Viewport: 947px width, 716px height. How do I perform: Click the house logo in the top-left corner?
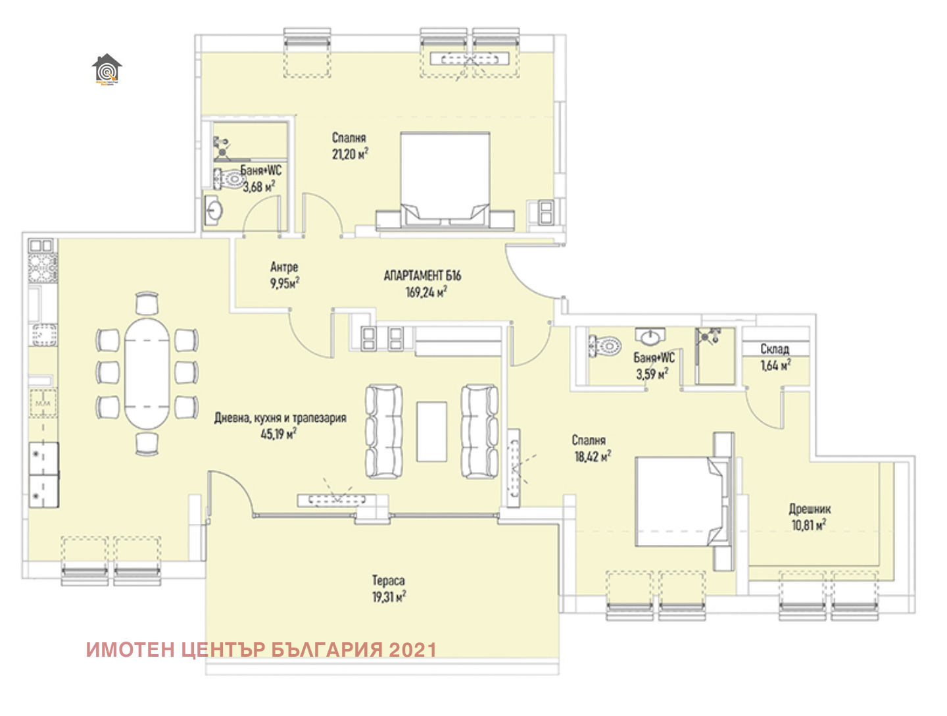[107, 70]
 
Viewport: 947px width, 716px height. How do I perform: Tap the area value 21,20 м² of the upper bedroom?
[350, 154]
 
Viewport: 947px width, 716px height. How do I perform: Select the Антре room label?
[284, 267]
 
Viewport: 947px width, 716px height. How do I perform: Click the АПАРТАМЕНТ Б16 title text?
[422, 276]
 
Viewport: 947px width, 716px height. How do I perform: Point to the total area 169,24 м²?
[426, 292]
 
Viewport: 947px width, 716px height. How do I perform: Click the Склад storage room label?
[775, 349]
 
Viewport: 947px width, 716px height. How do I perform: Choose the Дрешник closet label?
[810, 509]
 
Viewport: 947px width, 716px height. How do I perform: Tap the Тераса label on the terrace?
[388, 580]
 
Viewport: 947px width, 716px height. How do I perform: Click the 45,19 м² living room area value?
[278, 434]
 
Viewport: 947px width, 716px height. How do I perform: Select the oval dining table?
[147, 374]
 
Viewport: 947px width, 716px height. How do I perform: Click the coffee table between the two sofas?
[432, 432]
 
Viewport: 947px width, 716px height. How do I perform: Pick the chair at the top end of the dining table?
[147, 304]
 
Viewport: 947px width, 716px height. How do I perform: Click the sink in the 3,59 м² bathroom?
[650, 338]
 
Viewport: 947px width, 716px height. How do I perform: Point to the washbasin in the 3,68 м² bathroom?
[214, 211]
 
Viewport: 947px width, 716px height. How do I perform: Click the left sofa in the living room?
[384, 432]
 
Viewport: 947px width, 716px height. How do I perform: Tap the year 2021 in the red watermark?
[413, 650]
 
